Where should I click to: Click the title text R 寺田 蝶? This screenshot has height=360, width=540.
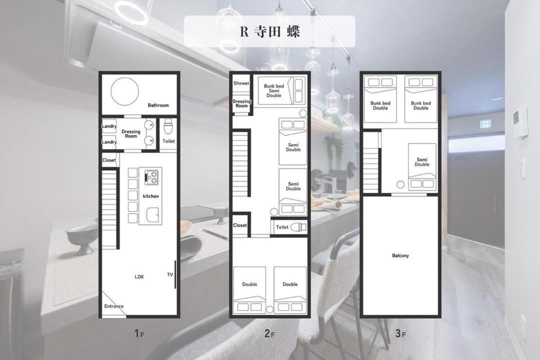coord(269,31)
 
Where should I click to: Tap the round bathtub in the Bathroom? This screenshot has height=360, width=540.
coord(124,91)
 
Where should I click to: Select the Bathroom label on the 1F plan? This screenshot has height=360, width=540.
coord(158,105)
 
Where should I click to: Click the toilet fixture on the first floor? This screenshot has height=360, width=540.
coord(167,126)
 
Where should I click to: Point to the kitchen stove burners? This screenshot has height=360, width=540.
coord(151,177)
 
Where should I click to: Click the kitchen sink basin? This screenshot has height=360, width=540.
coord(152,215)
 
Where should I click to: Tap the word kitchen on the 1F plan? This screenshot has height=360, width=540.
coord(151,196)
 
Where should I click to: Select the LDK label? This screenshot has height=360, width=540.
coord(139,276)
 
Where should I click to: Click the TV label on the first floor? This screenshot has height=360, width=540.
coord(170,274)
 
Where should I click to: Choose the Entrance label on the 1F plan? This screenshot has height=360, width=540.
coord(113,306)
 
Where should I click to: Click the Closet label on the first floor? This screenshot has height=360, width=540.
coord(109,160)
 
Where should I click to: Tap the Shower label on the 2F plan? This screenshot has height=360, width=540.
coord(241,83)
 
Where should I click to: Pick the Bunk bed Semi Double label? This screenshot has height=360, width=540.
coord(274,90)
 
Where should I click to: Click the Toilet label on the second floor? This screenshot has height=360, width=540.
coord(282,227)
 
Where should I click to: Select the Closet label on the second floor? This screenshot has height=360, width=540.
coord(239,225)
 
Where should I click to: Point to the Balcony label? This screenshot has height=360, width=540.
coord(400,255)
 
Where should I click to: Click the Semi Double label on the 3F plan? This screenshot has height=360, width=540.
coord(422,162)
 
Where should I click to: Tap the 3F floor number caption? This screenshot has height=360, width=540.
coord(400,333)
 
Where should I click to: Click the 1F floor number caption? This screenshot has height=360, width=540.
coord(139,333)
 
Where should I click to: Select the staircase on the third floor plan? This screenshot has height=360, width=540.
coord(371,162)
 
